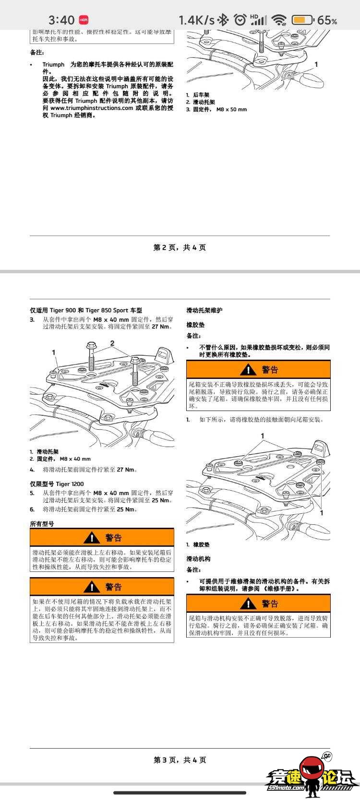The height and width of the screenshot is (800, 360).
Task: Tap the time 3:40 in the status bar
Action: (x=61, y=20)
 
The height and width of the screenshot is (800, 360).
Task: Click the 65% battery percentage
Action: (x=327, y=20)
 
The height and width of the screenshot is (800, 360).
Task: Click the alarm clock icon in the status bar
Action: (x=240, y=20)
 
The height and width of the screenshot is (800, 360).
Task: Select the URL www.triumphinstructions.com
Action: (x=91, y=108)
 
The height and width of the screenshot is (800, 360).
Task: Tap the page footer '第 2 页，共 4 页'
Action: (x=180, y=248)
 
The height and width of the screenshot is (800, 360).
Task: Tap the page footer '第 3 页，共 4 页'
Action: (x=180, y=760)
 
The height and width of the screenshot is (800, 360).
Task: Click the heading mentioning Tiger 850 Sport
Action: (x=86, y=311)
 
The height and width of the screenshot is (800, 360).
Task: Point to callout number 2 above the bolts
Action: (x=112, y=343)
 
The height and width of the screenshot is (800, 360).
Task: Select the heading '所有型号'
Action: (x=42, y=524)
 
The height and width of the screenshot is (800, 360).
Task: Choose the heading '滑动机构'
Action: (x=198, y=559)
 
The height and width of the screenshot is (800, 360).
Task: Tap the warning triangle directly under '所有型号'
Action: (x=91, y=538)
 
